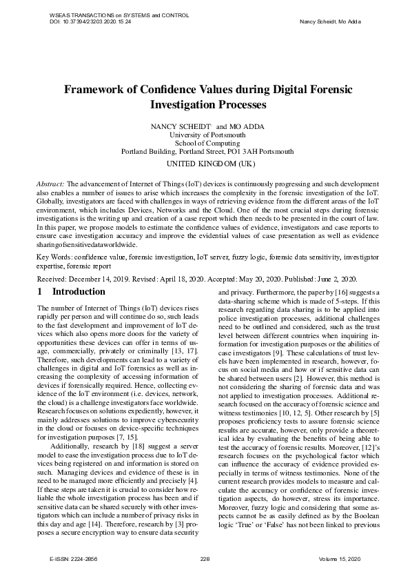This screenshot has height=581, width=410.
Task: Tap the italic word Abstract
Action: tap(50, 184)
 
